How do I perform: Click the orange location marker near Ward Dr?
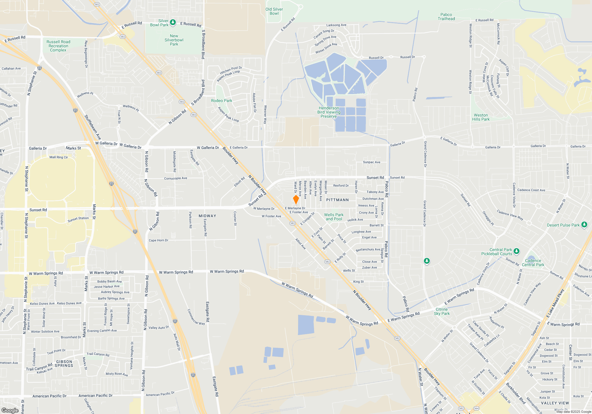pyautogui.click(x=296, y=199)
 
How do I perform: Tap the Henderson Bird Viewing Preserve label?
pyautogui.click(x=329, y=112)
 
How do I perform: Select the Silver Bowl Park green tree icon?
pyautogui.click(x=173, y=22)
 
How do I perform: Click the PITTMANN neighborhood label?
pyautogui.click(x=337, y=200)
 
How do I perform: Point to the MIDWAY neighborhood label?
pyautogui.click(x=207, y=216)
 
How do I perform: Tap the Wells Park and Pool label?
pyautogui.click(x=334, y=217)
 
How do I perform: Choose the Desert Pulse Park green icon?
pyautogui.click(x=584, y=224)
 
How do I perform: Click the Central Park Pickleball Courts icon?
pyautogui.click(x=517, y=251)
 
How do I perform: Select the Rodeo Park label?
pyautogui.click(x=221, y=101)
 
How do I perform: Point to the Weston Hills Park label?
pyautogui.click(x=481, y=117)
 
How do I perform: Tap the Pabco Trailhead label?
pyautogui.click(x=446, y=17)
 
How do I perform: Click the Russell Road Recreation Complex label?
pyautogui.click(x=58, y=46)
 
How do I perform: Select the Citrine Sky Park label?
pyautogui.click(x=442, y=311)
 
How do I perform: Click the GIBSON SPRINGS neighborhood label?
pyautogui.click(x=64, y=364)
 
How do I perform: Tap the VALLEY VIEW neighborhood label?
pyautogui.click(x=555, y=403)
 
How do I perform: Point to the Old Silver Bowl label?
pyautogui.click(x=274, y=12)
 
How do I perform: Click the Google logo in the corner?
pyautogui.click(x=10, y=410)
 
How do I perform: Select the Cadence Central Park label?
pyautogui.click(x=533, y=263)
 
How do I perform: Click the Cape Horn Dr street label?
pyautogui.click(x=158, y=240)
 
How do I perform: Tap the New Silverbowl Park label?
pyautogui.click(x=174, y=40)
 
